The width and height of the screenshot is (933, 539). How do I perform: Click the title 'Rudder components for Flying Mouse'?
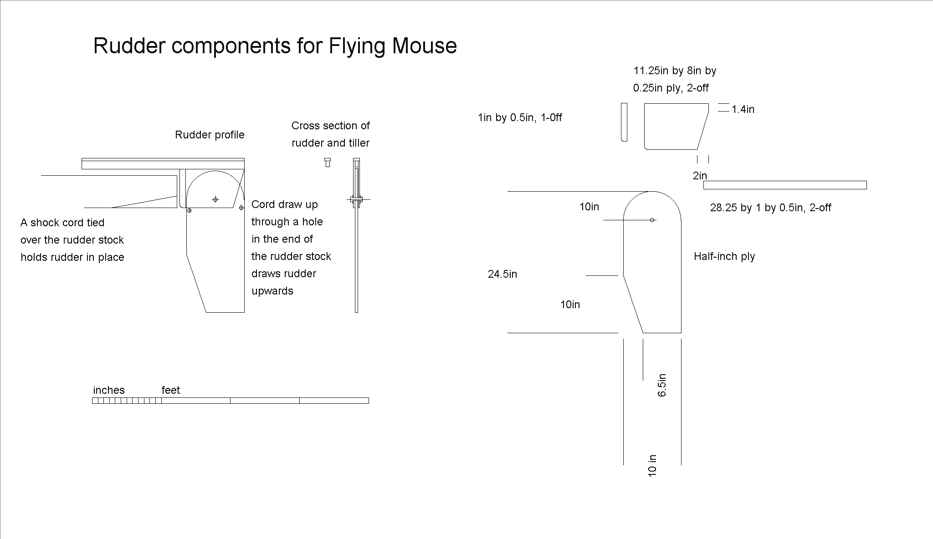point(275,46)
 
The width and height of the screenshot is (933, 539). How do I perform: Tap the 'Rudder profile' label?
point(210,135)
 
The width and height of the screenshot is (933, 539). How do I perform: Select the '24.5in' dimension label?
point(502,274)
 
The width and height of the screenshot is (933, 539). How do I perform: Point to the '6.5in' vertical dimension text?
point(662,385)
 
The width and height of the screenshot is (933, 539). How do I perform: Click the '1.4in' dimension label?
point(743,109)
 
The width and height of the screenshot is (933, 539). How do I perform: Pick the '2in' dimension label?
point(700,176)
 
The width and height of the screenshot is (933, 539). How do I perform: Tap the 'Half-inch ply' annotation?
point(724,256)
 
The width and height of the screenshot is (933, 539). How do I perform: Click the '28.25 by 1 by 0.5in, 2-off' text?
point(771,208)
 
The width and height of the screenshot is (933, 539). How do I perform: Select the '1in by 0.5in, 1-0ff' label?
point(520,117)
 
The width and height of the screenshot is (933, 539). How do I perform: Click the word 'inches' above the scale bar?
point(109,390)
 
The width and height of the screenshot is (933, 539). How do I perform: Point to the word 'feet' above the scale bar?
point(171,390)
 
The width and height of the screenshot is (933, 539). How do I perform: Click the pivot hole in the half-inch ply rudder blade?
point(652,220)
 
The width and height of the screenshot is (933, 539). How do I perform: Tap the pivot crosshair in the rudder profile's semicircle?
point(215,199)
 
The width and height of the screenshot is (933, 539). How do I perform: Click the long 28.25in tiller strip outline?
point(785,185)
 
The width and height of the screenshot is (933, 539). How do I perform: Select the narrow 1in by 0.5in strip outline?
point(624,122)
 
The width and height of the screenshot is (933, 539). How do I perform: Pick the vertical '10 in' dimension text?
point(652,465)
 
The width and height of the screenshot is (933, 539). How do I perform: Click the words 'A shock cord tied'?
point(62,223)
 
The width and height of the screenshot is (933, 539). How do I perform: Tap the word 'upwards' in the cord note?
point(272,291)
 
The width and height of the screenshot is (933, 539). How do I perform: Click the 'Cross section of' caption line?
point(331,126)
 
